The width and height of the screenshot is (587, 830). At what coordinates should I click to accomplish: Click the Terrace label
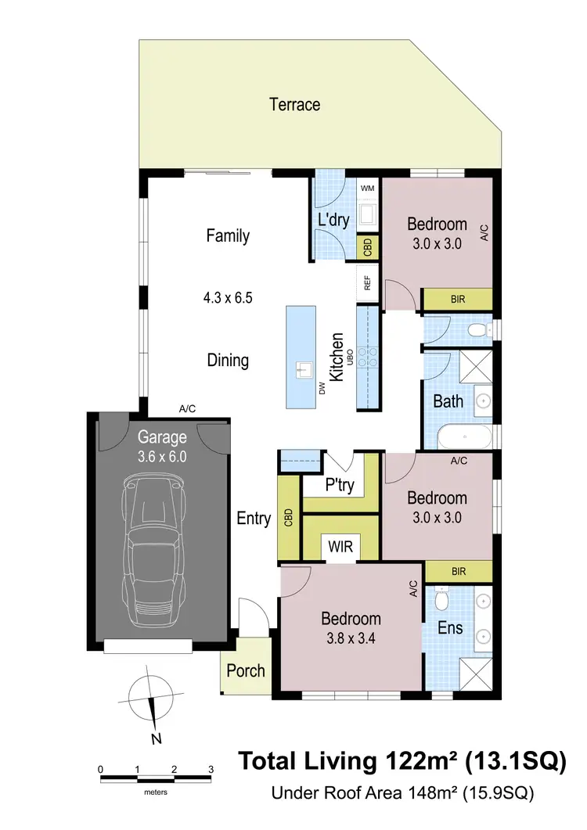(294, 104)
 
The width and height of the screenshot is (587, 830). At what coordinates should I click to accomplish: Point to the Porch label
(245, 670)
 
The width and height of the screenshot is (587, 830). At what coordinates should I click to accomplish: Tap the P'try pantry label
(340, 485)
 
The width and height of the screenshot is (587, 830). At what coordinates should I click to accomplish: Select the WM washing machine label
(367, 189)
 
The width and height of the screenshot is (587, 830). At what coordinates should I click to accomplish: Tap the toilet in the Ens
(441, 600)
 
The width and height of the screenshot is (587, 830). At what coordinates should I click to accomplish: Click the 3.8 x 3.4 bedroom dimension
(351, 638)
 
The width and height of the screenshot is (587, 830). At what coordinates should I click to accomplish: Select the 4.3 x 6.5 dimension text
(227, 297)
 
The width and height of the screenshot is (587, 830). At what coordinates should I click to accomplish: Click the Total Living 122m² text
(401, 760)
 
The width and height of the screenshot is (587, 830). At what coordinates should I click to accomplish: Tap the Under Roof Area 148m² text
(402, 792)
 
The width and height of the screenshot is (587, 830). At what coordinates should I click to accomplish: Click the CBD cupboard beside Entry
(289, 517)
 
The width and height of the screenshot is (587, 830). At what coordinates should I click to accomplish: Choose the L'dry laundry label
(333, 221)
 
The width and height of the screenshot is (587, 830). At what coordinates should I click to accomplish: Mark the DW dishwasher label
(322, 386)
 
